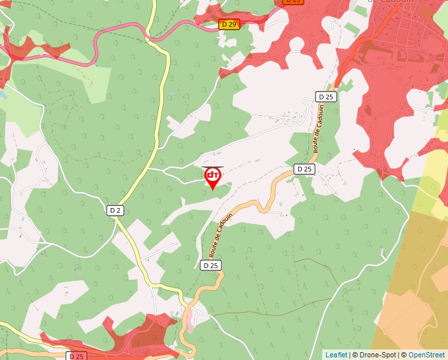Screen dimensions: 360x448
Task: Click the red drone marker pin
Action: tap(213, 176)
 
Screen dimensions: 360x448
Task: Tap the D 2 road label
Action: tap(115, 210)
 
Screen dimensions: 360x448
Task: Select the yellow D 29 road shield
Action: tap(229, 24)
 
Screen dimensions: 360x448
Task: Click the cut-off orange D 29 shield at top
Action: tap(293, 2)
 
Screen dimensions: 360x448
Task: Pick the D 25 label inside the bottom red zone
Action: tap(77, 356)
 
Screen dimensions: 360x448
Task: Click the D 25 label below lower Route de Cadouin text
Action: tap(210, 265)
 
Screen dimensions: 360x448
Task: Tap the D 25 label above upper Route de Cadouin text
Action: tap(326, 97)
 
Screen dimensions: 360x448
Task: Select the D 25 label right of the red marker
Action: tap(304, 169)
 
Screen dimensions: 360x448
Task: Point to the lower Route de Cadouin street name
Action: tap(221, 235)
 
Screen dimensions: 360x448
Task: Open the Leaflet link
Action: tap(336, 355)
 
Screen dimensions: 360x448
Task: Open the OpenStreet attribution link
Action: tap(426, 355)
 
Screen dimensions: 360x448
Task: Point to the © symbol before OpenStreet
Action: tap(404, 355)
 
